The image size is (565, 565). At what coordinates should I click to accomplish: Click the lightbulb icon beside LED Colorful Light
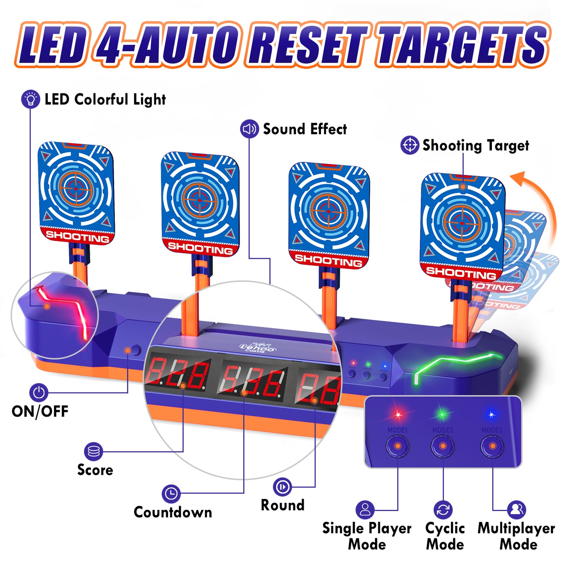[x=30, y=99]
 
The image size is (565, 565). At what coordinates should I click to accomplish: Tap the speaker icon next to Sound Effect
[x=249, y=129]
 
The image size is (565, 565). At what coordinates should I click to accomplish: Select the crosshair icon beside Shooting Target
[x=410, y=145]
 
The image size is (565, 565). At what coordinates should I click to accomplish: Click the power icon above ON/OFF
[x=39, y=392]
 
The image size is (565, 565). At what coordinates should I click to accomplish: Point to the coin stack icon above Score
[x=93, y=452]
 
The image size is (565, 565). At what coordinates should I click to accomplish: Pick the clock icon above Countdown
[x=171, y=494]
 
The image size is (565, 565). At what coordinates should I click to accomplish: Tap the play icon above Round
[x=282, y=487]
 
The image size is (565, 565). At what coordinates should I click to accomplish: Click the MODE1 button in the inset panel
[x=398, y=446]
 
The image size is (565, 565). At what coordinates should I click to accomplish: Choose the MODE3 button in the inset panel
[x=492, y=446]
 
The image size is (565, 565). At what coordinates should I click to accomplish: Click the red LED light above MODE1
[x=398, y=414]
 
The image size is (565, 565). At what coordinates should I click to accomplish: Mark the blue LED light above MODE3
[x=491, y=414]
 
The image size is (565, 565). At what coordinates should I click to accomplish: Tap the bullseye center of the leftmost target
[x=76, y=189]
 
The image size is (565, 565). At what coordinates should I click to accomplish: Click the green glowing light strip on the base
[x=454, y=364]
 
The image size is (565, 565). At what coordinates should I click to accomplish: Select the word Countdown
[x=173, y=512]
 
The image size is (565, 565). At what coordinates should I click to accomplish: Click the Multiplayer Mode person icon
[x=517, y=509]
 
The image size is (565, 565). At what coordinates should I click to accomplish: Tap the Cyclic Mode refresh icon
[x=443, y=510]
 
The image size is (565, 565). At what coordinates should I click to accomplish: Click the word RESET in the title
[x=309, y=45]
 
